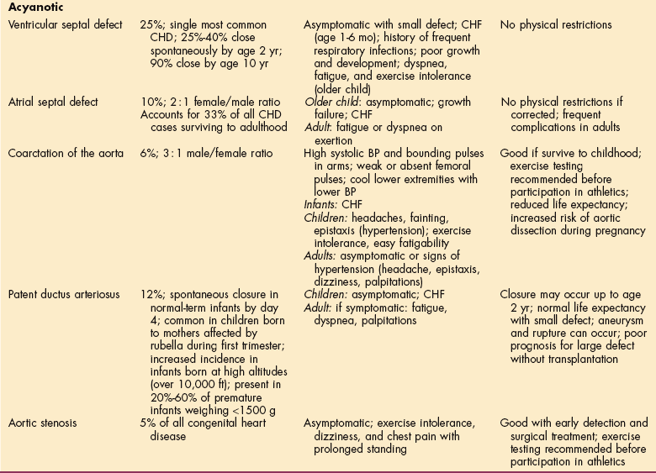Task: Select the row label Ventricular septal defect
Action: click(x=65, y=25)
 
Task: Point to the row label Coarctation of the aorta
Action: click(x=64, y=155)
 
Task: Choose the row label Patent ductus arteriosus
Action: click(x=66, y=296)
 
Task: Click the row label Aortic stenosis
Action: click(x=44, y=423)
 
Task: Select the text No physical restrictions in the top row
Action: click(x=556, y=25)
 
